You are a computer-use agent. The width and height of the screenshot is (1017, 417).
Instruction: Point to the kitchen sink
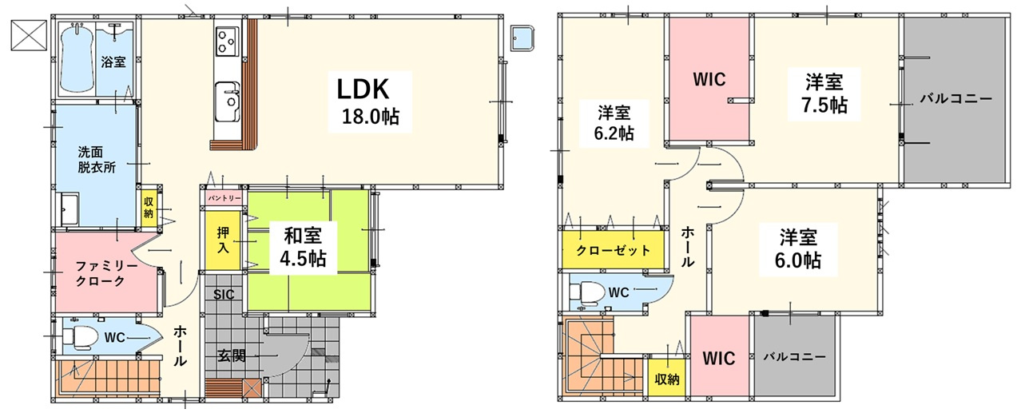228,100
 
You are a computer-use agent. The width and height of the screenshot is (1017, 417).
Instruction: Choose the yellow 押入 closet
223,239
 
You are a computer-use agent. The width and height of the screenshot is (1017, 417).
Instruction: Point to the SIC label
224,294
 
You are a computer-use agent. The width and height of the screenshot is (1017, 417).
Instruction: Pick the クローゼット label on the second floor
613,250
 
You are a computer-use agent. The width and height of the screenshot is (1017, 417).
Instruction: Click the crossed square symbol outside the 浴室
30,34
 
